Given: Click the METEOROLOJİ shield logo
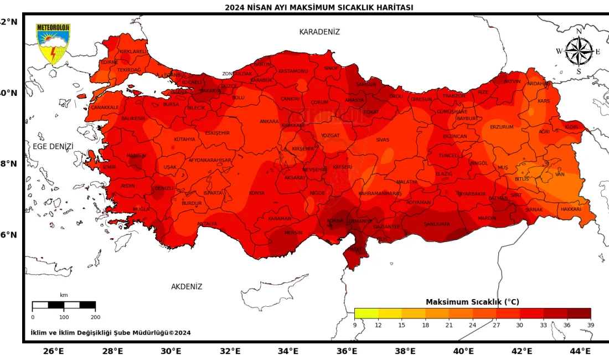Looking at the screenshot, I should coord(53,44).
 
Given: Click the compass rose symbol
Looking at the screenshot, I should coord(579,52).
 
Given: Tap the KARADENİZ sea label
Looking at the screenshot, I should coord(319,32).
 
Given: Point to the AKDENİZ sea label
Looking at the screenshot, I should coord(187,286).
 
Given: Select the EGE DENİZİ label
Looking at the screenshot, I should coord(53,146).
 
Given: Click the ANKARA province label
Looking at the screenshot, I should coord(269,121).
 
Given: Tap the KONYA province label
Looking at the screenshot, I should coord(256,193).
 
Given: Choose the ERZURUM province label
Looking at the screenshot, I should coord(502,127).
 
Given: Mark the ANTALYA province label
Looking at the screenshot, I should coord(207,224).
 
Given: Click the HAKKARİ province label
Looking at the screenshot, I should coord(571,209).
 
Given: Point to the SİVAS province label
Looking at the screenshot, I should coord(383,140).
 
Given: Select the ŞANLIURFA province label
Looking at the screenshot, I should coord(437,224).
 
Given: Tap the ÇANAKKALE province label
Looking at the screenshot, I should coord(105,107).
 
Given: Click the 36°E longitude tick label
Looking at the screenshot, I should coord(347,351).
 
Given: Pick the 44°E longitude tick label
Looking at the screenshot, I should coord(580,351).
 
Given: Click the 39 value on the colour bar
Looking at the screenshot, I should coord(590,325).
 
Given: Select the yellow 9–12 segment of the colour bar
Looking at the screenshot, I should coord(366,313).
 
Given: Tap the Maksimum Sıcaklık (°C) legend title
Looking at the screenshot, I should coord(472,302).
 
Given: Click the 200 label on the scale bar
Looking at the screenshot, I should coord(95,317).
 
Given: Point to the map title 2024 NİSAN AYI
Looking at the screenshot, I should coord(319,7).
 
